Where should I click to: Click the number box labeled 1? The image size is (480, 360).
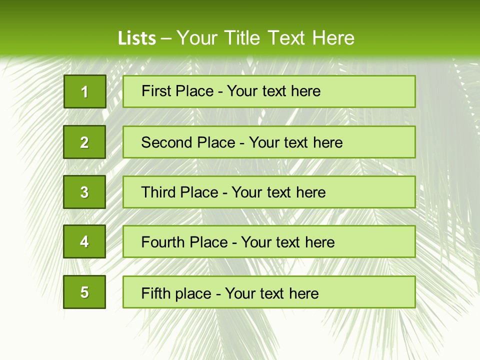coord(85,91)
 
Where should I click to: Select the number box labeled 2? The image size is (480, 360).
coord(84,142)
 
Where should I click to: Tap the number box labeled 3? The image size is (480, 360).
coord(84,192)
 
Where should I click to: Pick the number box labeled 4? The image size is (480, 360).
coord(84,242)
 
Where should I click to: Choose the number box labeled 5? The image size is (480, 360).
coord(84,292)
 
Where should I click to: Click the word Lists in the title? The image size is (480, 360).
coord(137,38)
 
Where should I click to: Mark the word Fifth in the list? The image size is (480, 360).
coord(155,293)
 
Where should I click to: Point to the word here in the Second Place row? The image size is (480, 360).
coord(327,142)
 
